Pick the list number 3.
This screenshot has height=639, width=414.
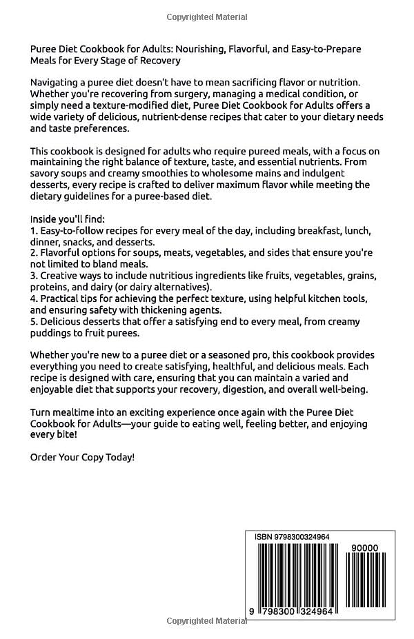(34, 276)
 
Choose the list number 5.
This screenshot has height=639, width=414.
(34, 322)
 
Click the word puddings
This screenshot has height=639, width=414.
(53, 333)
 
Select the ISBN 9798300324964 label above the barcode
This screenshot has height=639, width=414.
(293, 539)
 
